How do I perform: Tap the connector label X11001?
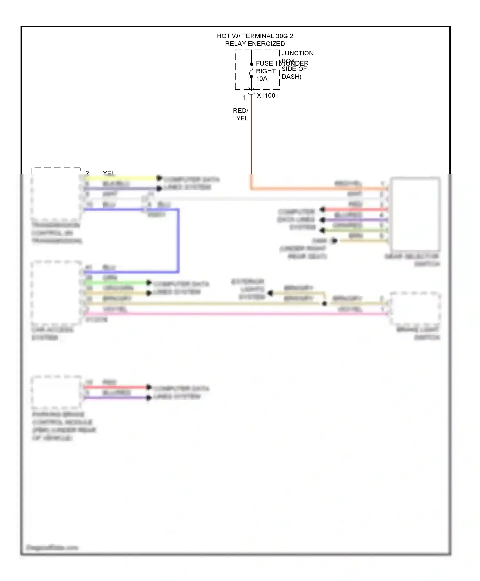click(x=268, y=95)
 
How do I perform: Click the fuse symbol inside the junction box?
click(x=251, y=70)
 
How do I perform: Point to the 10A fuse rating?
click(x=261, y=79)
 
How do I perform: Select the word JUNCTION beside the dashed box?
click(x=297, y=53)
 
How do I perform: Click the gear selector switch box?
click(x=415, y=214)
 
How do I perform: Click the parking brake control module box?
click(x=56, y=392)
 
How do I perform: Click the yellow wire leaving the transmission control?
click(x=122, y=178)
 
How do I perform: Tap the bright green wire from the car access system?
click(x=115, y=282)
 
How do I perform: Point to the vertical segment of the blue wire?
click(x=178, y=240)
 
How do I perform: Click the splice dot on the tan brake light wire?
click(x=324, y=303)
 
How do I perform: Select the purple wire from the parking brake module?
click(x=115, y=397)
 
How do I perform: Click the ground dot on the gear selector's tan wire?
click(x=334, y=241)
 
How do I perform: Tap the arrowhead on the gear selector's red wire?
click(x=323, y=209)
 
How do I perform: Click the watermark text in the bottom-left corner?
click(x=52, y=547)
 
